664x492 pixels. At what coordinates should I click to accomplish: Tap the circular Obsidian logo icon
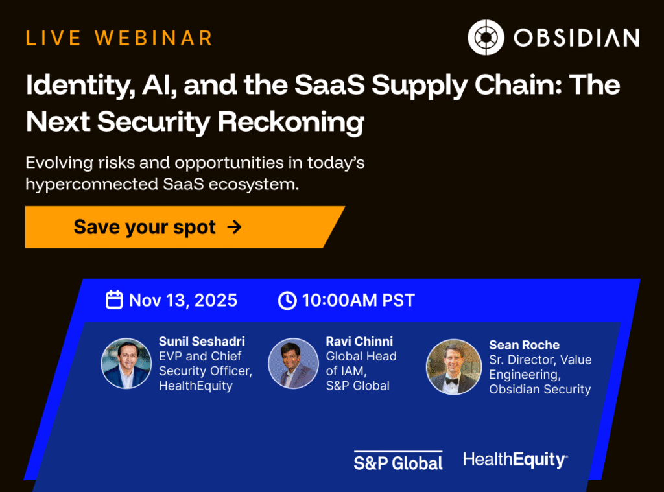486,37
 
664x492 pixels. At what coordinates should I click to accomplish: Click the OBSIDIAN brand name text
576,38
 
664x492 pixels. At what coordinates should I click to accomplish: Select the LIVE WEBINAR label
119,38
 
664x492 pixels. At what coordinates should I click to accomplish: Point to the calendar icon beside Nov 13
114,300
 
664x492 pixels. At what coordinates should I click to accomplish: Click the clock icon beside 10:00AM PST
287,301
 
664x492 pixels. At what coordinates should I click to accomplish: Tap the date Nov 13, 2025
183,301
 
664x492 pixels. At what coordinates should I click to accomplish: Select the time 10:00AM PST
358,301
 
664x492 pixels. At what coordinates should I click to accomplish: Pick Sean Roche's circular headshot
454,367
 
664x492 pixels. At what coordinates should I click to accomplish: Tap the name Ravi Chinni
359,341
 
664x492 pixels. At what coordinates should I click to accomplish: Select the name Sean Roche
524,345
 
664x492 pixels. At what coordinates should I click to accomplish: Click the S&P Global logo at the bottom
398,461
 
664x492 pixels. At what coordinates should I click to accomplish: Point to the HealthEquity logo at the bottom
516,460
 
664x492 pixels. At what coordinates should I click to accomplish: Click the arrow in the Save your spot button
235,227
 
